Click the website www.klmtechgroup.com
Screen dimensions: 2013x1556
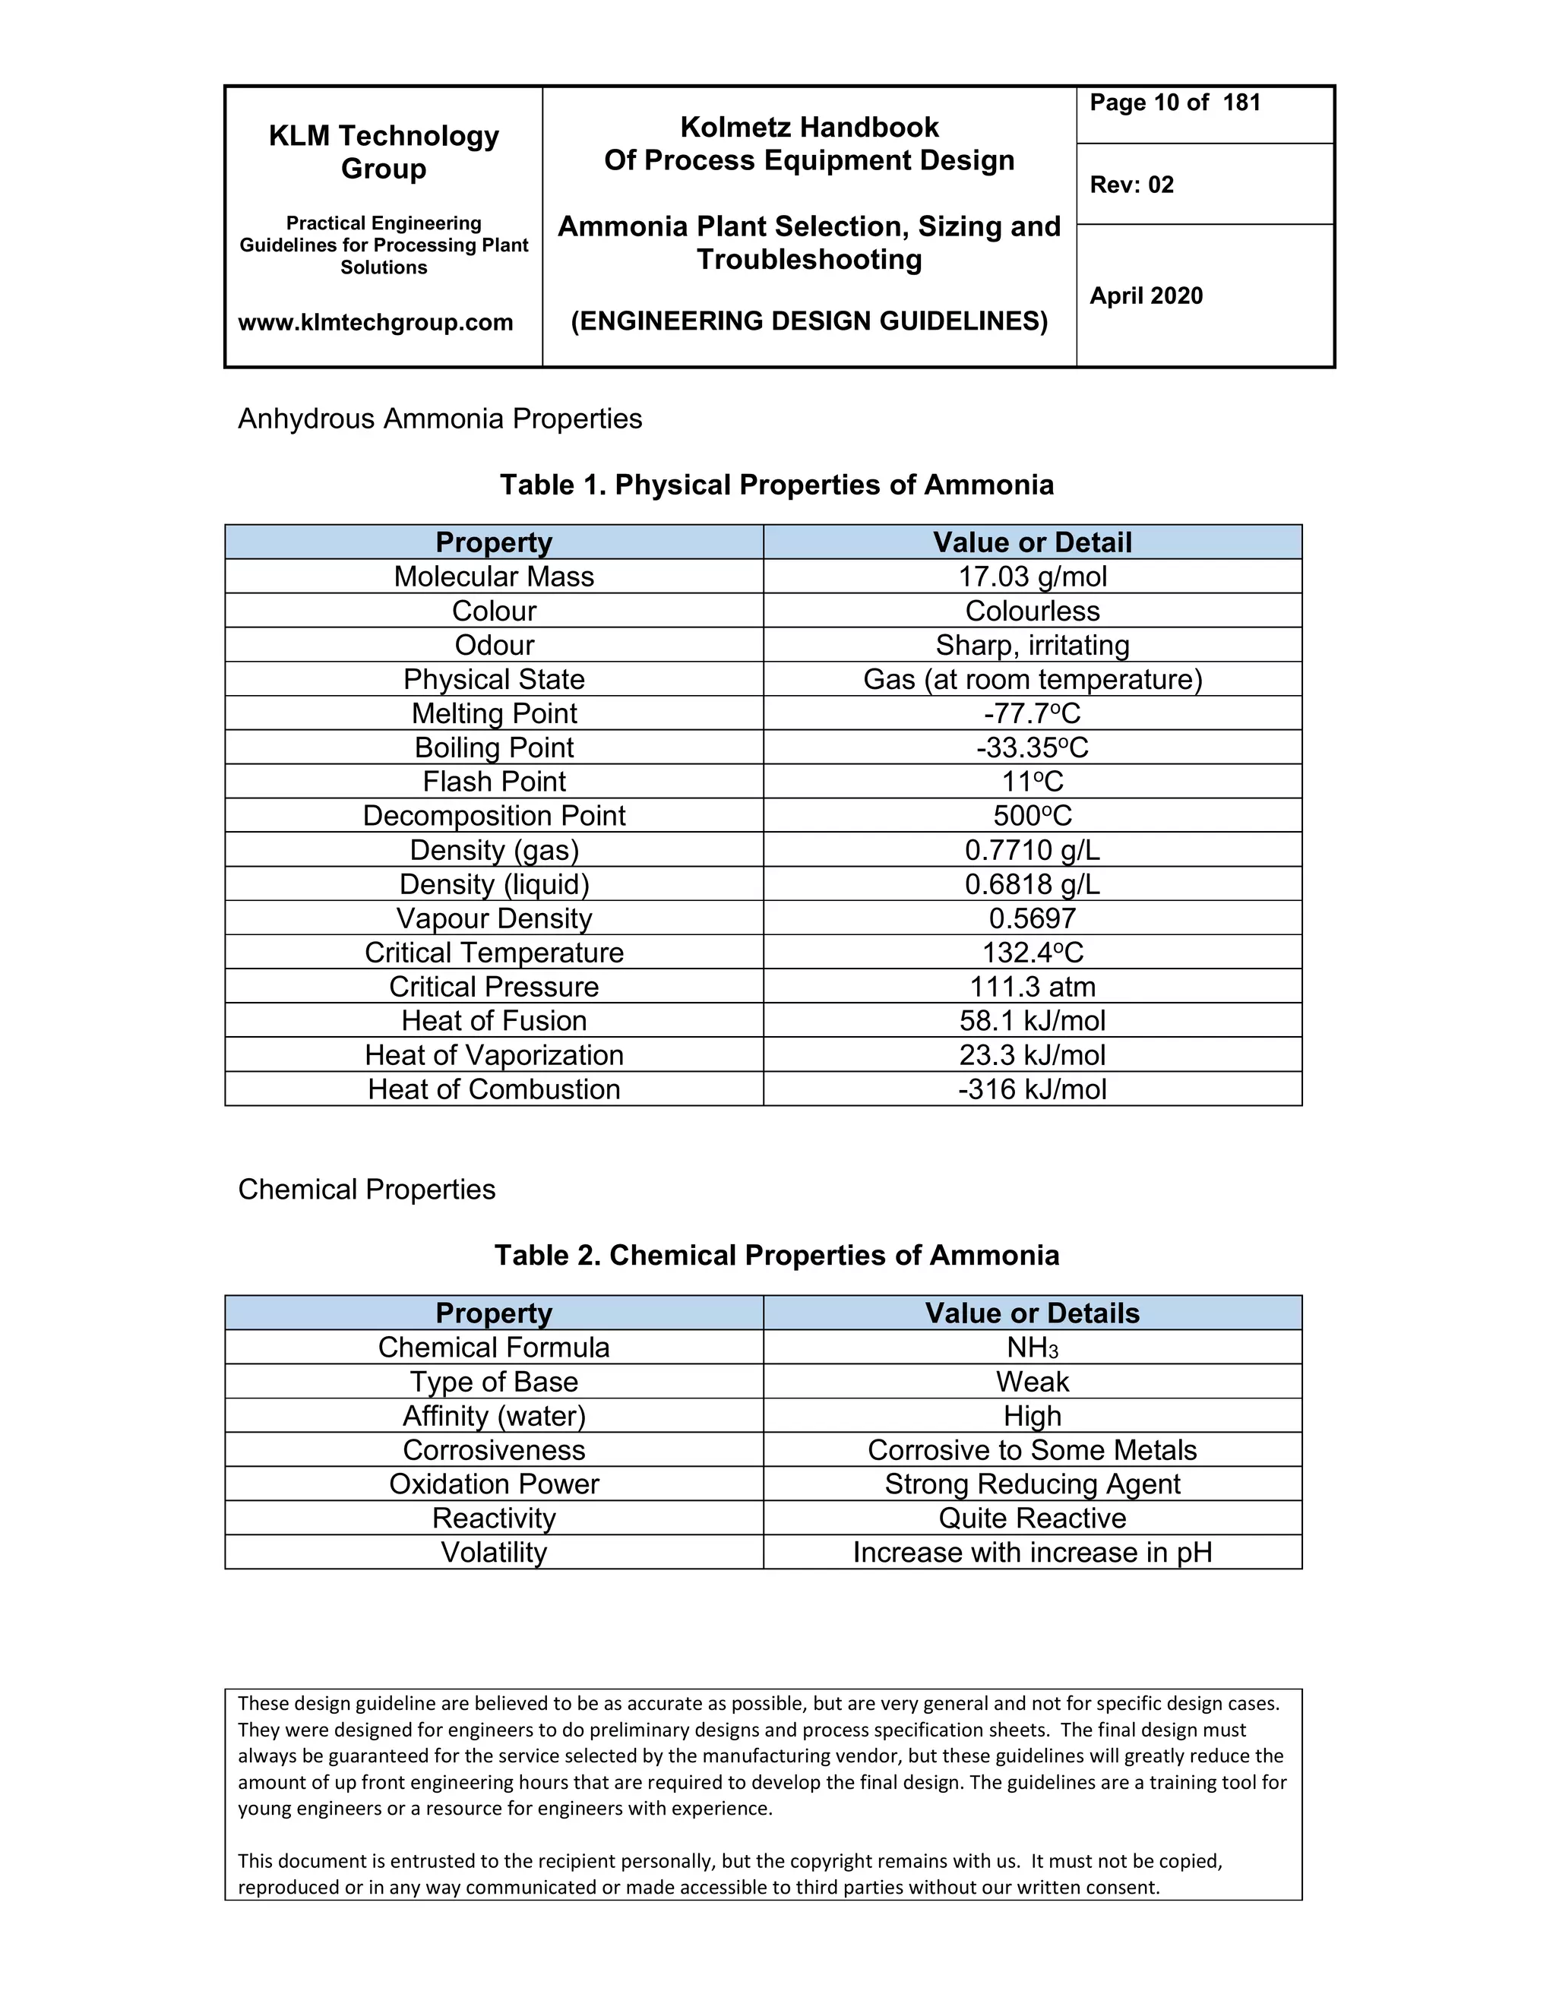coord(375,323)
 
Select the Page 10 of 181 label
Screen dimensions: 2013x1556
coord(1175,103)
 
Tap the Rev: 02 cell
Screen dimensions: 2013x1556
coord(1131,185)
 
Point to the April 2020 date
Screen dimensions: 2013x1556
coord(1146,295)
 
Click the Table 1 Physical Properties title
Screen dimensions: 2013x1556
coord(776,485)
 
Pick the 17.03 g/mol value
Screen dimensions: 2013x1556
coord(1033,577)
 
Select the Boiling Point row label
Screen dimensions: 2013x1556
coord(494,747)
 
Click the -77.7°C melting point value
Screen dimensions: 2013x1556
coord(1033,713)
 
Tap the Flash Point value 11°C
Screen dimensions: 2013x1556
coord(1033,782)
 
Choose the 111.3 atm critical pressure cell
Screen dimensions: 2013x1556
coord(1033,988)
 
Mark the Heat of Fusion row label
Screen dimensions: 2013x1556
coord(494,1021)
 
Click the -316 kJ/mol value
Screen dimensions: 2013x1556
coord(1033,1089)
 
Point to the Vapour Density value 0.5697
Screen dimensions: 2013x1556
coord(1033,919)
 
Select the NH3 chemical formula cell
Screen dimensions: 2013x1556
coord(1033,1348)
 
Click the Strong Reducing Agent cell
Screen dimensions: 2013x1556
coord(1033,1485)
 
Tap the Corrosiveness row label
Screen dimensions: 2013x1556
coord(494,1451)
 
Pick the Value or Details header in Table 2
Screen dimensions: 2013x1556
coord(1033,1313)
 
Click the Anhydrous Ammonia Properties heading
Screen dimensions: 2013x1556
coord(440,419)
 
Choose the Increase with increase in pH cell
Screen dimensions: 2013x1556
coord(1033,1553)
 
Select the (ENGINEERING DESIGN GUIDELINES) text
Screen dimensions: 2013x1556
coord(809,321)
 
